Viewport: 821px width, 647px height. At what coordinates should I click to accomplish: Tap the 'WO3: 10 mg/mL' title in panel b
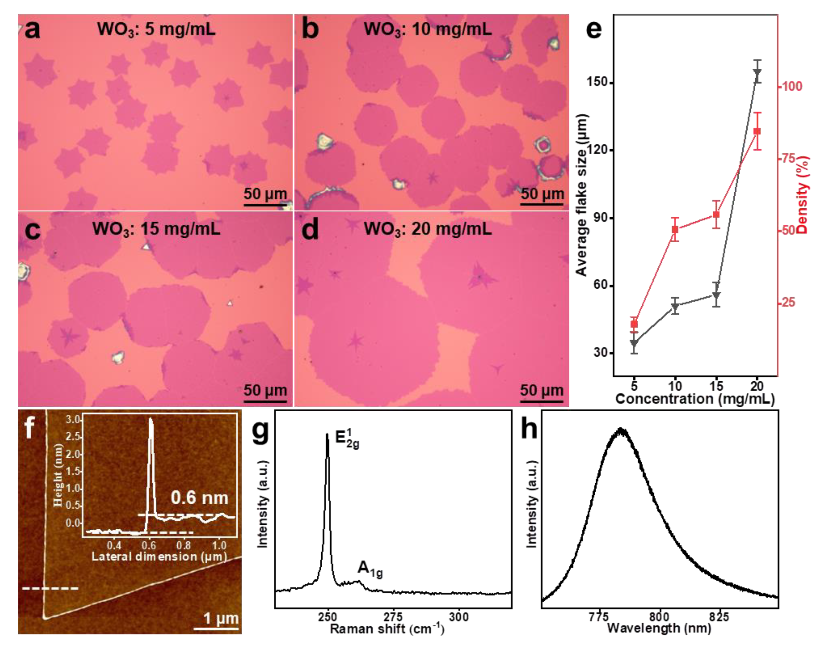point(428,30)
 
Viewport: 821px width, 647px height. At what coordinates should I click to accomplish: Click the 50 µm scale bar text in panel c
point(265,390)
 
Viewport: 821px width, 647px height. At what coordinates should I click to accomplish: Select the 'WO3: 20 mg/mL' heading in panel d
point(428,229)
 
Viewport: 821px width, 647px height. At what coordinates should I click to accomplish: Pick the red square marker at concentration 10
point(675,229)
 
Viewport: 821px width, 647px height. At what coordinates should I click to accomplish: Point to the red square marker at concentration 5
point(634,324)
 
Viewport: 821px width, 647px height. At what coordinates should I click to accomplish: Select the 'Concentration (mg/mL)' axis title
point(695,398)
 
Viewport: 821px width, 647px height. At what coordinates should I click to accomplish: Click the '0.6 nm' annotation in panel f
point(199,498)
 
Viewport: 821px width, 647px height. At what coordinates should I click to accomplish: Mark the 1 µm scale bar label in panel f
point(221,618)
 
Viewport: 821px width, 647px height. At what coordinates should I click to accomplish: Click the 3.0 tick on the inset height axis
point(73,420)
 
